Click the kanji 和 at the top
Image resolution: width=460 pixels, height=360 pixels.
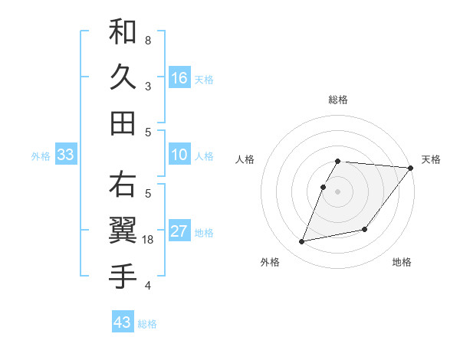pos(123,33)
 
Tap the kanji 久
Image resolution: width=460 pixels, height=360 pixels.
pos(123,77)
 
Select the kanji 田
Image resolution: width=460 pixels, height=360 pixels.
pos(123,123)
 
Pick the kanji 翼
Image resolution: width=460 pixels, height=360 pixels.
pos(123,230)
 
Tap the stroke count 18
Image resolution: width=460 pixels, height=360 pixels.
pos(149,240)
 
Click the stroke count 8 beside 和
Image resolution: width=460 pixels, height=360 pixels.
pos(148,40)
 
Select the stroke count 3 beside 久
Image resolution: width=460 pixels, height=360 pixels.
pos(148,86)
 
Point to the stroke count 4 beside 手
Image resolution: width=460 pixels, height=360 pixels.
pos(148,286)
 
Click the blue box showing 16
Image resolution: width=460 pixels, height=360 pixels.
pos(179,77)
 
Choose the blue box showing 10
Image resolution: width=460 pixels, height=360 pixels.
pos(179,155)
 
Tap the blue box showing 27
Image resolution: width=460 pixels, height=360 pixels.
pos(179,232)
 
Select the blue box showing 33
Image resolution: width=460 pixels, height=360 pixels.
pos(65,155)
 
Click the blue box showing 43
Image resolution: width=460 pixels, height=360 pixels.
pos(123,322)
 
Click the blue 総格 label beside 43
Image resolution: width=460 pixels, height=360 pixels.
pos(147,324)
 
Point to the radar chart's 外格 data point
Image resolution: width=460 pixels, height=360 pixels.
pos(302,242)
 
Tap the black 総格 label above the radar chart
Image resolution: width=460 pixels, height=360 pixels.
pos(338,100)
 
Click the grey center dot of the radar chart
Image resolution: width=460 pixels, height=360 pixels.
pos(338,191)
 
